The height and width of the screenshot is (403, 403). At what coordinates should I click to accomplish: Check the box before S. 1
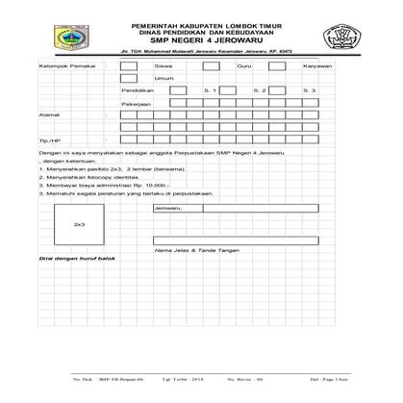[178, 88]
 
